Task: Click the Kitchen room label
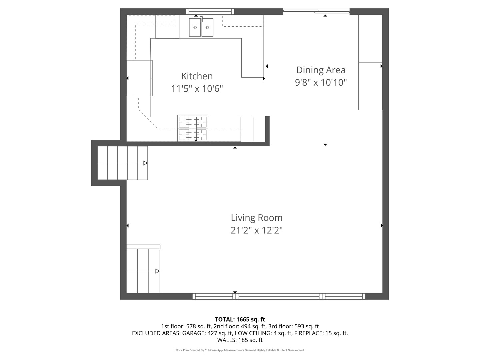[197, 76]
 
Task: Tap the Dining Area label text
[321, 70]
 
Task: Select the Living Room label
[257, 218]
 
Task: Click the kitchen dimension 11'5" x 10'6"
[197, 89]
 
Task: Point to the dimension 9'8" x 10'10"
[321, 82]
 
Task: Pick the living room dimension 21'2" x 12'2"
[257, 230]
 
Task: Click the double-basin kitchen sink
[201, 27]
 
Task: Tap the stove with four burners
[193, 128]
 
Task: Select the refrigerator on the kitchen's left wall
[139, 78]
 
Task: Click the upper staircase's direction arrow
[145, 163]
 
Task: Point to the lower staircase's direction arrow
[157, 271]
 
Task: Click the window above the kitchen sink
[210, 12]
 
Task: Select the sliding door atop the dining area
[316, 12]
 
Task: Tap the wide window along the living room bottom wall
[279, 296]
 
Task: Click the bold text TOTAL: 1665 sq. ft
[240, 319]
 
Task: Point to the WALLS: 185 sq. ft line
[240, 340]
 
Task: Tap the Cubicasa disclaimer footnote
[240, 350]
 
